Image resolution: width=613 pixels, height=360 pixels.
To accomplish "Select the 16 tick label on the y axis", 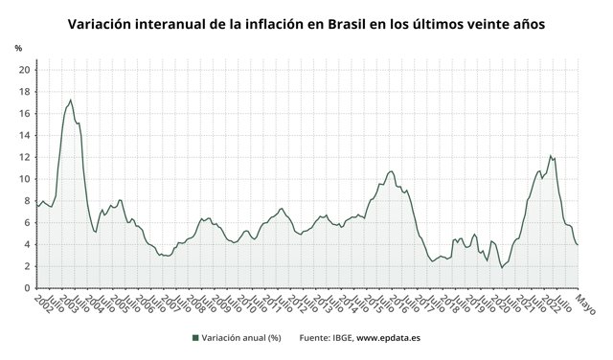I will [25, 113].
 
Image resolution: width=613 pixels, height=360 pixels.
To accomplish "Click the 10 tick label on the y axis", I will [25, 179].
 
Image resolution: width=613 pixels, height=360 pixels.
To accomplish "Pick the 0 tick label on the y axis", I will [28, 288].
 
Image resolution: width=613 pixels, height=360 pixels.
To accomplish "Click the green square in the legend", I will [194, 337].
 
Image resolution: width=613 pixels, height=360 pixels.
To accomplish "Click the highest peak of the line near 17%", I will [70, 100].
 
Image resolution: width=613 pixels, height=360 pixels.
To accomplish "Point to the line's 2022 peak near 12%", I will [550, 155].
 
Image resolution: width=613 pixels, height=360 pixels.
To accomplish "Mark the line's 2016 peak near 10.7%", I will [390, 171].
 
